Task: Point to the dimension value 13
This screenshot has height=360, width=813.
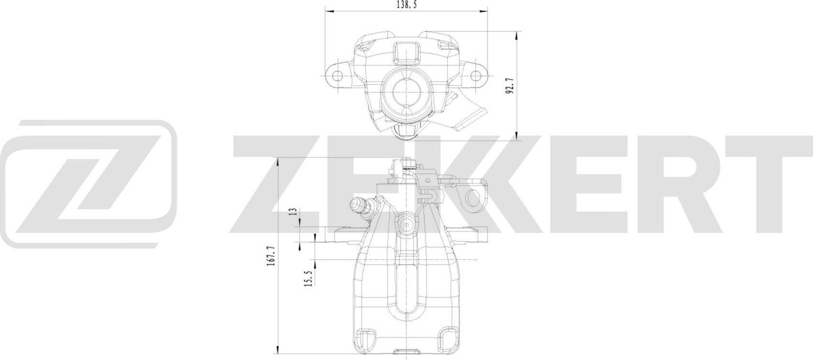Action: [x=293, y=212]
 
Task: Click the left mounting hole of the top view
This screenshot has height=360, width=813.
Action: [x=337, y=74]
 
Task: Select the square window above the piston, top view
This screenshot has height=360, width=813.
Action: [x=405, y=53]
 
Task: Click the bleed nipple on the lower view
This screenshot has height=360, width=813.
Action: [x=358, y=205]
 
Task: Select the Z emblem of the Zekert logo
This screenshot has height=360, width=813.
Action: [x=89, y=183]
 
